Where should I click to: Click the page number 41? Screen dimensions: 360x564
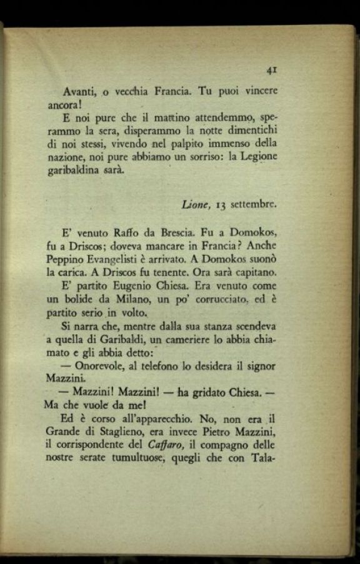271,71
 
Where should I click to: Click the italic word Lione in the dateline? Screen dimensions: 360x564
195,204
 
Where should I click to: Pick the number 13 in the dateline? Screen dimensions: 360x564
220,204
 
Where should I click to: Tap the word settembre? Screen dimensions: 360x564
254,204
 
